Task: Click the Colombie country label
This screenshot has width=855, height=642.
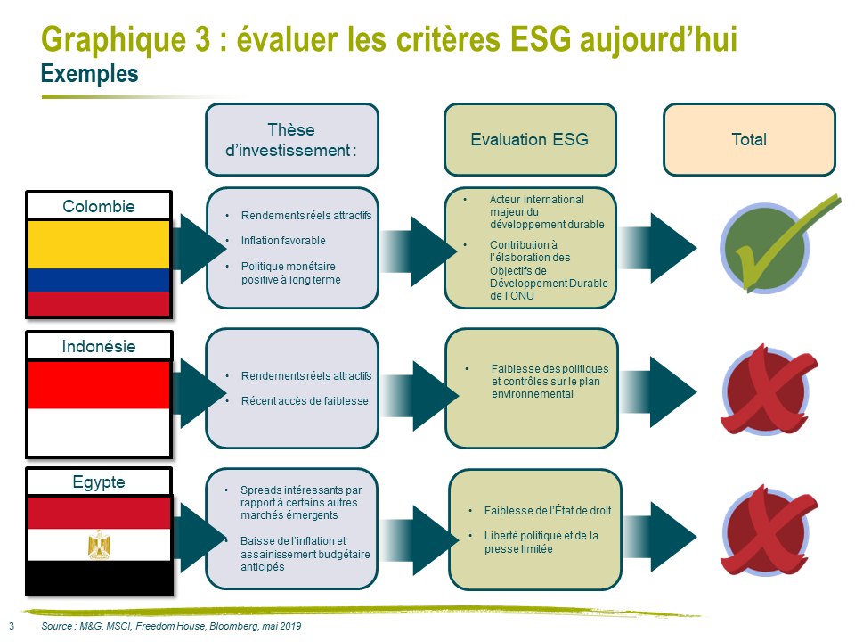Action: point(99,206)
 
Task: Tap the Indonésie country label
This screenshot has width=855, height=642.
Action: point(99,346)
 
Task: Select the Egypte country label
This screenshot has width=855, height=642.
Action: point(99,482)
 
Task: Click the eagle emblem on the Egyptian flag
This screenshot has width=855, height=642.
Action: point(99,544)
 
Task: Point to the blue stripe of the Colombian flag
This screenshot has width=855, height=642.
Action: point(99,280)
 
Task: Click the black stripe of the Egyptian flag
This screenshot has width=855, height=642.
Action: point(99,577)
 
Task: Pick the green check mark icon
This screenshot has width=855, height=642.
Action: point(777,244)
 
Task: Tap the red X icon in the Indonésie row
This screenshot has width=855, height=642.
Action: point(768,390)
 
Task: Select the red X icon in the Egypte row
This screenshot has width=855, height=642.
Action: point(768,531)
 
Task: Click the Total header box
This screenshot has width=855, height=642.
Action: point(749,140)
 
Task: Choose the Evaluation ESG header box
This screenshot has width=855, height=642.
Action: point(530,140)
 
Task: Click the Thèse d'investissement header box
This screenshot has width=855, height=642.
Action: point(292,140)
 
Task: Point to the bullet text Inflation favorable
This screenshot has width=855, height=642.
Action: point(283,240)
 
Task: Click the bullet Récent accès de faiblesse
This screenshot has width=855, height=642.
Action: point(305,400)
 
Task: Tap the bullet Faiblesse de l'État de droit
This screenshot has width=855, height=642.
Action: point(548,510)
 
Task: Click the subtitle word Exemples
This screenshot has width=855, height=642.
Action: point(89,74)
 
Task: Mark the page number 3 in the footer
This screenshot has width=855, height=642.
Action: point(12,626)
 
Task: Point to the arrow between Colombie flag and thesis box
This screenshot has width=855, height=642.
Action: point(199,249)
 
